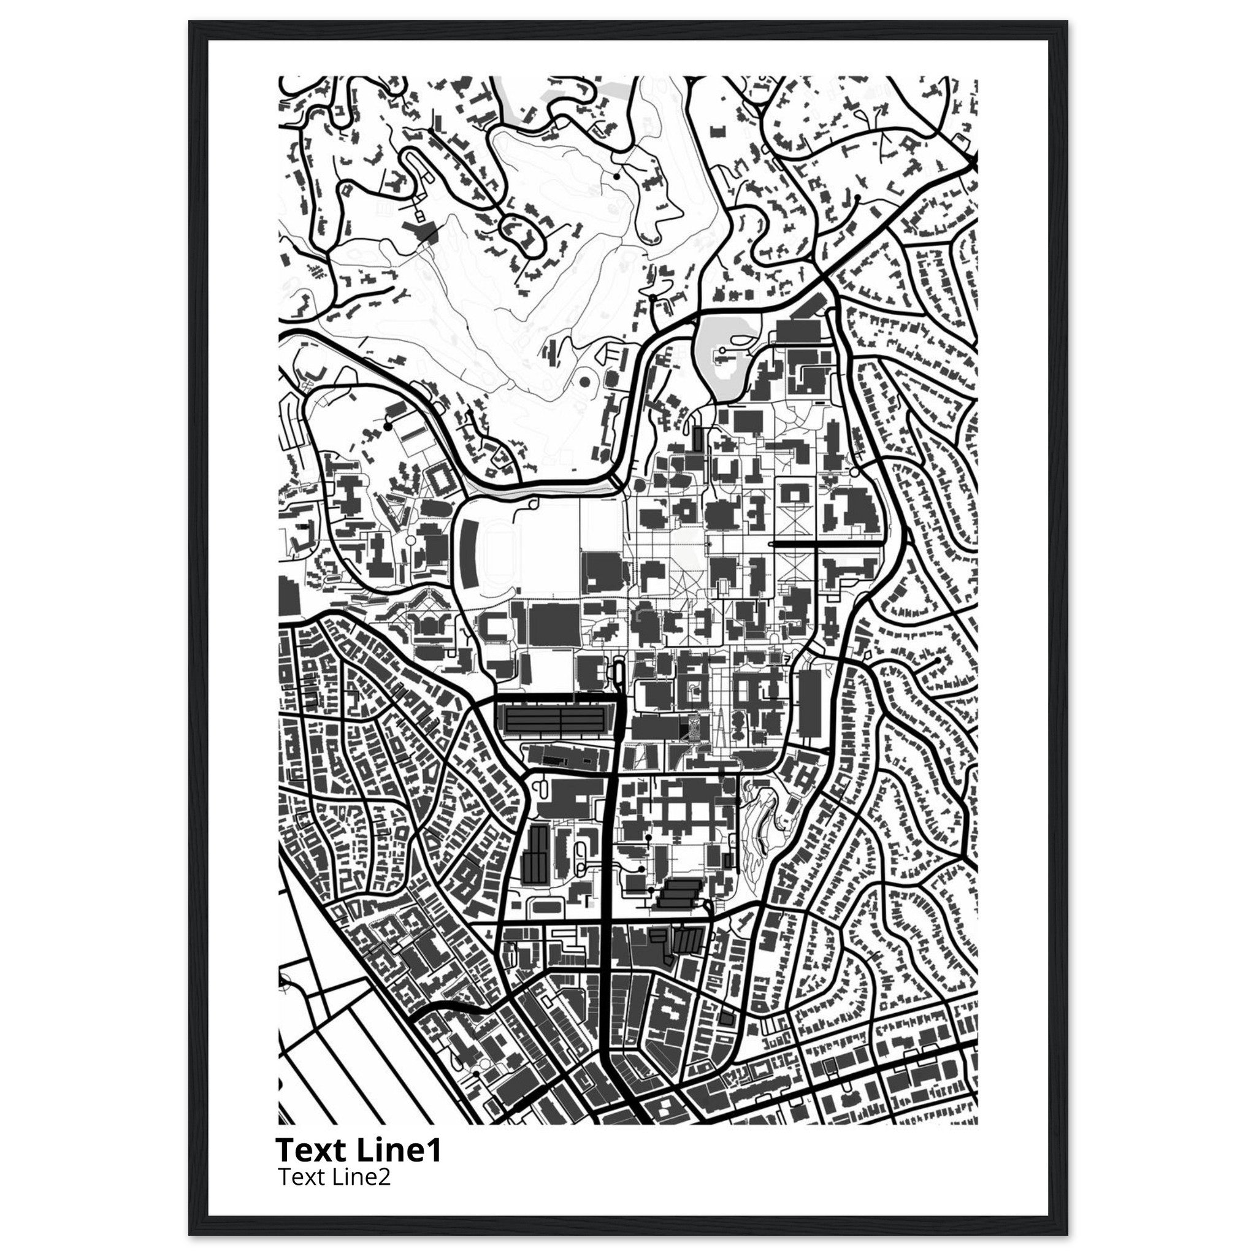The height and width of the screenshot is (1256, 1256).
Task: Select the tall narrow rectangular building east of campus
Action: (810, 705)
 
